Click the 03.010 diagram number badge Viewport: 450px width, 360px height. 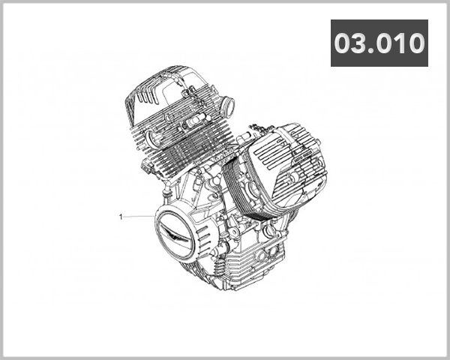pyautogui.click(x=379, y=43)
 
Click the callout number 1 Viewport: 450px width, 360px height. pyautogui.click(x=120, y=216)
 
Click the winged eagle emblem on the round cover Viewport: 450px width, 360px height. pyautogui.click(x=177, y=235)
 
